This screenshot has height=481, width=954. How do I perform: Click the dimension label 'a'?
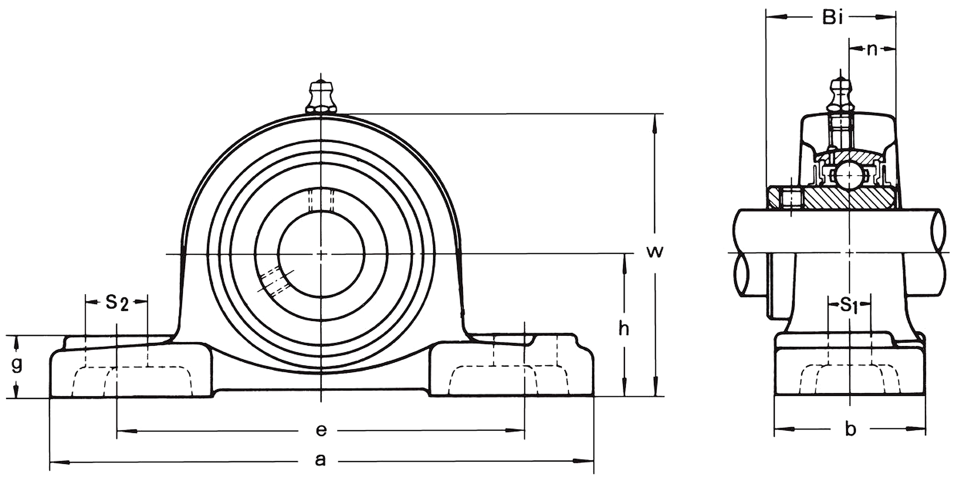[320, 460]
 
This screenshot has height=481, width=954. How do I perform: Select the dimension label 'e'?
[321, 430]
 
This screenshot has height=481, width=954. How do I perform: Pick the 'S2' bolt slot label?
[117, 303]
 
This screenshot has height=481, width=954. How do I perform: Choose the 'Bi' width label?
[832, 17]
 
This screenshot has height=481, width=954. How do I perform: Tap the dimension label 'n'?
[872, 50]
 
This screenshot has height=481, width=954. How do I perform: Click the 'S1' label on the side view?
[849, 305]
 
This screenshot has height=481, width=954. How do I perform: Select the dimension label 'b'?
[850, 429]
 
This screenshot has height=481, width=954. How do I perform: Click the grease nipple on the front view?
[321, 97]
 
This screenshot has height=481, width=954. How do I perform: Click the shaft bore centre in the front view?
[321, 254]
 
